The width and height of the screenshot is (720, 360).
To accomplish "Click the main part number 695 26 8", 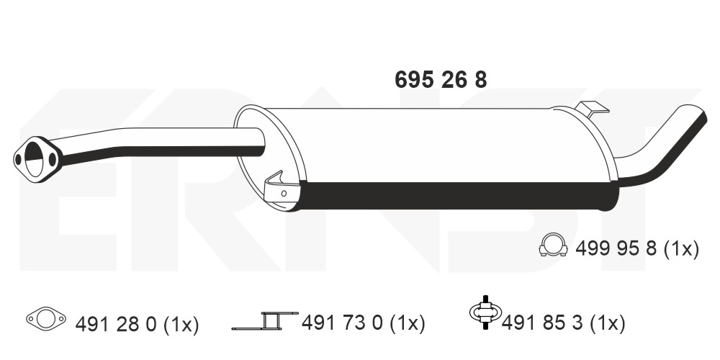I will point(441,80).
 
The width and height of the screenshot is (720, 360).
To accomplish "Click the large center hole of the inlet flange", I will point(35,156).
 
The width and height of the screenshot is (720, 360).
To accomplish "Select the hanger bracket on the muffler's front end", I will point(276,189).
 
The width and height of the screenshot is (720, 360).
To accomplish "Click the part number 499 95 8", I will point(616,249).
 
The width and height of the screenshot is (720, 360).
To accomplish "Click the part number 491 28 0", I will point(116,324).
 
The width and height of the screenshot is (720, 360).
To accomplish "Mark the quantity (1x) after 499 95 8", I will point(681,249).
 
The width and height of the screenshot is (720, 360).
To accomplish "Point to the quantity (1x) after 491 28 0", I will point(181,324).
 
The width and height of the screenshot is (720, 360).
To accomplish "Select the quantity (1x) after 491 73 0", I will point(408,324).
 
